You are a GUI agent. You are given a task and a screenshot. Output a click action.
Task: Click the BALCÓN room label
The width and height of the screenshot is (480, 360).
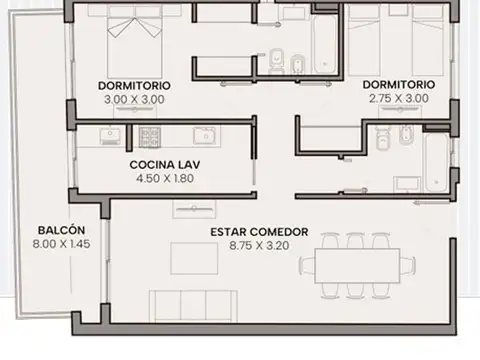pyautogui.click(x=61, y=230)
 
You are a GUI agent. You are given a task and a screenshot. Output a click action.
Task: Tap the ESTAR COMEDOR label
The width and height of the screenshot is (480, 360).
pyautogui.click(x=259, y=232)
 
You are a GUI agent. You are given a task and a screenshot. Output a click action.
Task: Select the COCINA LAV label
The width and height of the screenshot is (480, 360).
pyautogui.click(x=165, y=165)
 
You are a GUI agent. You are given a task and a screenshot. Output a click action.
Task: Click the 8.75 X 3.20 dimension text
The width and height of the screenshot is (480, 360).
pyautogui.click(x=259, y=246)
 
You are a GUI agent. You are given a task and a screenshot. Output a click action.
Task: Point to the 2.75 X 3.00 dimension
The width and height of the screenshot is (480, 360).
pyautogui.click(x=399, y=98)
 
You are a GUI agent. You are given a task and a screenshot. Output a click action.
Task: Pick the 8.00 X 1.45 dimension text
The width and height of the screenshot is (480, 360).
pyautogui.click(x=61, y=244)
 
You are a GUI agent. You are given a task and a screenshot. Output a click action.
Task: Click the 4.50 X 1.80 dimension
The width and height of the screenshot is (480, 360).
pyautogui.click(x=165, y=178)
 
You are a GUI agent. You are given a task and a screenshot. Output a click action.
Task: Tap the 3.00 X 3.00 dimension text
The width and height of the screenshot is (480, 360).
pyautogui.click(x=134, y=99)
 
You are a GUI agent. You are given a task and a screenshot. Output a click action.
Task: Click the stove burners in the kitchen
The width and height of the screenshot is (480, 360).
pyautogui.click(x=150, y=137)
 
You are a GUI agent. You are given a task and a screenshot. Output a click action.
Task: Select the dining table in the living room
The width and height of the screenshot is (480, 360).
pyautogui.click(x=357, y=266)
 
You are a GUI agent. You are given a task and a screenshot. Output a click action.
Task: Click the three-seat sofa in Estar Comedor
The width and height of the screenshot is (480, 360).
pyautogui.click(x=193, y=306)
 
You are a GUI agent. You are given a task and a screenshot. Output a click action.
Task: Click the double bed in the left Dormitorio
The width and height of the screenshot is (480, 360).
pyautogui.click(x=135, y=42)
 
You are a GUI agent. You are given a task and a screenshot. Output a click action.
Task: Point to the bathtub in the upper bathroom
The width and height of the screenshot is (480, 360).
pyautogui.click(x=324, y=44)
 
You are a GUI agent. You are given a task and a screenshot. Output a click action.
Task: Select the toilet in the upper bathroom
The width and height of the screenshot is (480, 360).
pyautogui.click(x=276, y=61)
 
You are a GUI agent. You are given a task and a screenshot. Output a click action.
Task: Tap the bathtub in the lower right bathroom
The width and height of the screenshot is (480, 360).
pyautogui.click(x=436, y=162)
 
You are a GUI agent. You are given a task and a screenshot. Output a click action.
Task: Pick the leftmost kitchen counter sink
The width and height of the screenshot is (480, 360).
pyautogui.click(x=110, y=136)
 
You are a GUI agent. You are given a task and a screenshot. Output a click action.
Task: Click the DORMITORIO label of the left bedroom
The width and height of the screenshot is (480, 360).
pyautogui.click(x=134, y=86)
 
